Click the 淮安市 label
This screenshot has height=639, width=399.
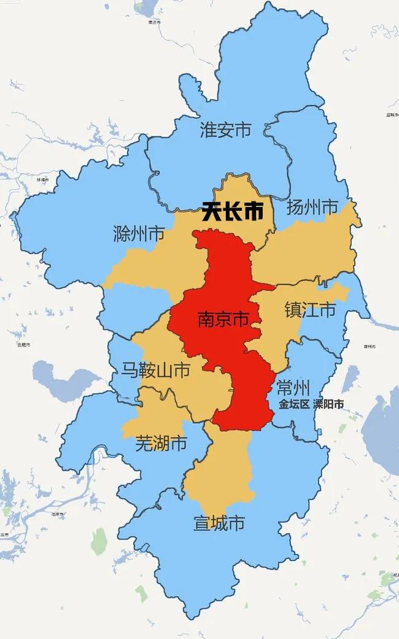click(x=225, y=130)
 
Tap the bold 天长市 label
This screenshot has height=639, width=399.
click(x=233, y=213)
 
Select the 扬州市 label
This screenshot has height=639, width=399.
click(x=312, y=208)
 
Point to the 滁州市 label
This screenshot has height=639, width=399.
click(x=139, y=234)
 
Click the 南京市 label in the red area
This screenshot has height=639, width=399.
click(x=223, y=319)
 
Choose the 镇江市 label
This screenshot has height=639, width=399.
click(x=310, y=310)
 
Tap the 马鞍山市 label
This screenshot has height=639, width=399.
click(x=154, y=370)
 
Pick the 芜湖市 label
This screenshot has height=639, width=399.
click(x=161, y=443)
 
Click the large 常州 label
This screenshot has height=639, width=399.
click(x=293, y=388)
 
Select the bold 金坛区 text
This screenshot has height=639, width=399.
click(x=293, y=405)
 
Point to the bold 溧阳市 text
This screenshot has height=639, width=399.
click(x=328, y=405)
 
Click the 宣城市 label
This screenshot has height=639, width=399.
click(x=219, y=523)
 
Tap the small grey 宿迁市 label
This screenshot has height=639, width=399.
click(x=154, y=23)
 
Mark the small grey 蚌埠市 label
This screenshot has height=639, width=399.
click(x=42, y=179)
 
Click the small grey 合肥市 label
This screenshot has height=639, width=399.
click(x=23, y=345)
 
